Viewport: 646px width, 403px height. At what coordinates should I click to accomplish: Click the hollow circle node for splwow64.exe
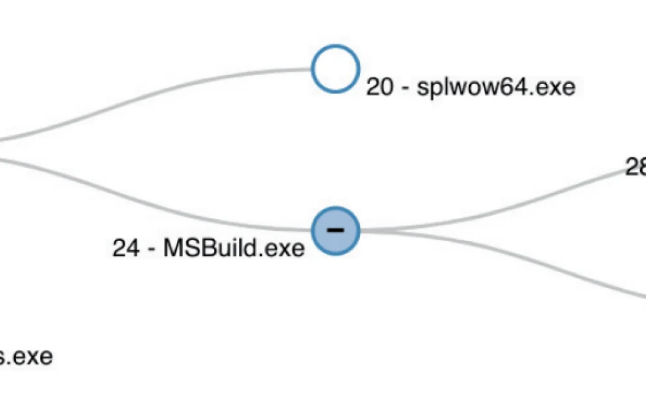coord(335,68)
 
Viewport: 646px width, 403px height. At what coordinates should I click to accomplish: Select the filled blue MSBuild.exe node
coord(335,230)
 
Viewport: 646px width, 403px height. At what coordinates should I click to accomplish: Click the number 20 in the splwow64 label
coord(379,87)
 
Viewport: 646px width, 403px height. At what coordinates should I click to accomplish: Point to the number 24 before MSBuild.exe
coord(126,248)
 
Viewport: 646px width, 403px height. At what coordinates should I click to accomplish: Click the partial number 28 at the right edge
coord(636,167)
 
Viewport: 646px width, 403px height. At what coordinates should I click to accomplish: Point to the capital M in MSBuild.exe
coord(173,248)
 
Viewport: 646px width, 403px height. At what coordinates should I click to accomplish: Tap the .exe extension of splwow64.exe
coord(553,87)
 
